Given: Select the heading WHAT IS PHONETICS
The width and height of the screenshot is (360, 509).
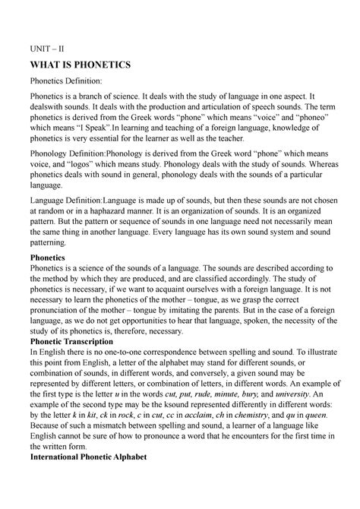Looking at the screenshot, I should click(x=80, y=65).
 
